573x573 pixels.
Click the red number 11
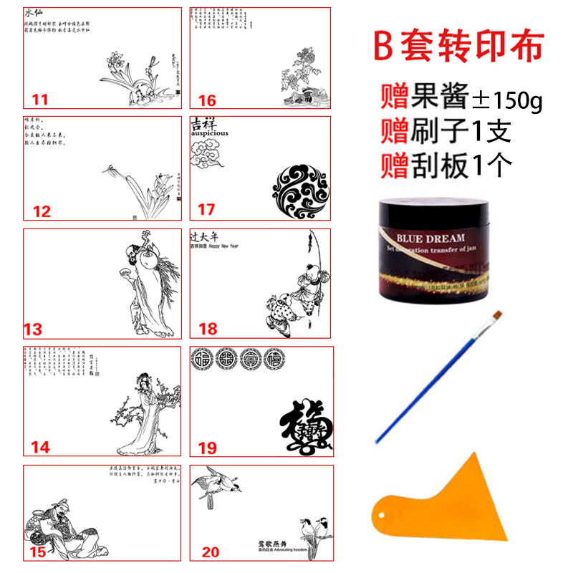[40, 100]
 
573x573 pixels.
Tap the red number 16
[207, 100]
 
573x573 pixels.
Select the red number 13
[33, 329]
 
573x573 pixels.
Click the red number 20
[211, 552]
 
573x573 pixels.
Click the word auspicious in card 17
[209, 133]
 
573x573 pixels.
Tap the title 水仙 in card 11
[35, 14]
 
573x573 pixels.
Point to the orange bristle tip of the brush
[496, 316]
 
